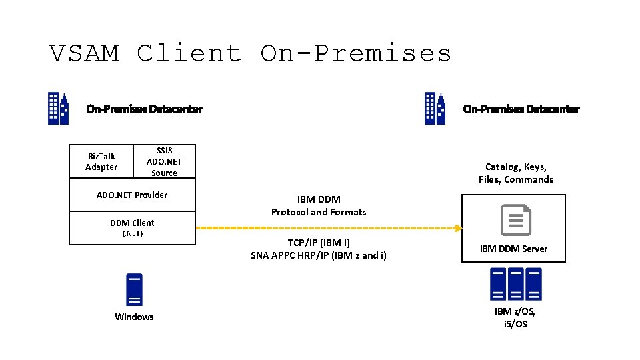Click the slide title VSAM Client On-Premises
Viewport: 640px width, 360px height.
[x=251, y=53]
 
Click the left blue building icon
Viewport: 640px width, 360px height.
[x=58, y=109]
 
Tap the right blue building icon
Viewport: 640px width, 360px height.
[x=435, y=109]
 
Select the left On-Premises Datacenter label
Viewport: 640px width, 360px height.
[x=144, y=109]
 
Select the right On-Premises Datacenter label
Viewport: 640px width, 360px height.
[x=521, y=109]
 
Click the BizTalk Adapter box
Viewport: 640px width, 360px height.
[x=101, y=161]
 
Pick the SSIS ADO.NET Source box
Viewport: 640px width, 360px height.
[x=164, y=161]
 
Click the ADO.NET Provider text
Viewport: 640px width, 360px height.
[x=132, y=195]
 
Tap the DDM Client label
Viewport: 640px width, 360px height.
[x=132, y=223]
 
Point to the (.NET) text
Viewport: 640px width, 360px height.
[x=132, y=233]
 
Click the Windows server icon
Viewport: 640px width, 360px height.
[x=134, y=289]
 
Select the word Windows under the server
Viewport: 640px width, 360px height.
[x=134, y=317]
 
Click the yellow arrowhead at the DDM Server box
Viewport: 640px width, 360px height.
[x=458, y=228]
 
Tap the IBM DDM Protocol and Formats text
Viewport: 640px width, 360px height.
[x=319, y=205]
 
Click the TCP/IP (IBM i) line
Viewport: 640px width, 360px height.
[x=319, y=243]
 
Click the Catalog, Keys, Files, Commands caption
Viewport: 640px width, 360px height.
[x=515, y=173]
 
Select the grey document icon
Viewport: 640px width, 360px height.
[x=515, y=220]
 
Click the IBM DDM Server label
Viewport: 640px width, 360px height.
[x=513, y=249]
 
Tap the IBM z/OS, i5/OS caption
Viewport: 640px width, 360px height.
[x=515, y=317]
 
